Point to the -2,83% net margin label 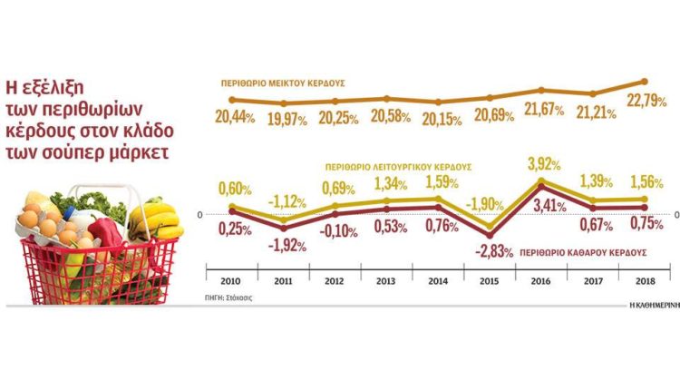[492, 249]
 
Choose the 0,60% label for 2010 [234, 187]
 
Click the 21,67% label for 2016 [544, 109]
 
